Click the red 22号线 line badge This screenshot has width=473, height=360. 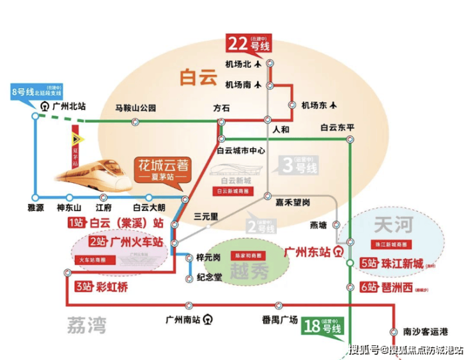248,45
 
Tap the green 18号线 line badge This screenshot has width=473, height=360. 323,327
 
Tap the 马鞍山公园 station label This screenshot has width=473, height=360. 136,108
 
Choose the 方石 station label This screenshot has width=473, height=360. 222,108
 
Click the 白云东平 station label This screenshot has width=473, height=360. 337,128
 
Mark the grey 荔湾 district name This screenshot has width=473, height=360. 86,325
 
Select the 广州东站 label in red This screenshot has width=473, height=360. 306,250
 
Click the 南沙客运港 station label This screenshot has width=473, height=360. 426,331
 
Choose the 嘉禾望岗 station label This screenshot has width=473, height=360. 293,203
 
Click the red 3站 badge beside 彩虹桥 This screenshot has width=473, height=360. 82,287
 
